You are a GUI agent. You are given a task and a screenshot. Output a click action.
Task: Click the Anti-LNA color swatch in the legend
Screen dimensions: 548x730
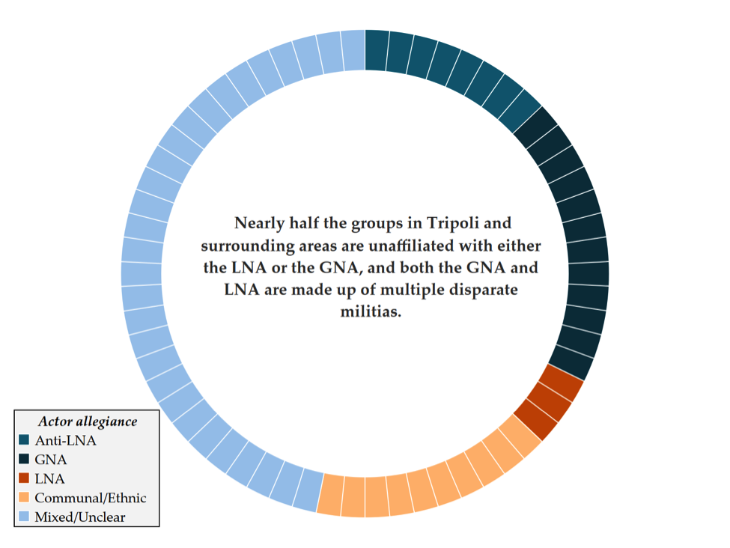[25, 440]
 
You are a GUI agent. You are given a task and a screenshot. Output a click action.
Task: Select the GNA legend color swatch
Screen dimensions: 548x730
[25, 460]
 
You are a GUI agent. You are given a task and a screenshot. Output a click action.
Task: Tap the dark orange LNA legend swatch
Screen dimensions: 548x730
[25, 478]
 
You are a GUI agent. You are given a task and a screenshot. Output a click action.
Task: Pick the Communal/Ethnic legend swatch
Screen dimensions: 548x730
[25, 498]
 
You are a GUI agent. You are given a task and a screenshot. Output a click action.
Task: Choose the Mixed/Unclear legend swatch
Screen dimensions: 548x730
[25, 517]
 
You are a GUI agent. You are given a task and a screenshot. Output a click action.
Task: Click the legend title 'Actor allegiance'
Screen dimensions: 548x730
[88, 421]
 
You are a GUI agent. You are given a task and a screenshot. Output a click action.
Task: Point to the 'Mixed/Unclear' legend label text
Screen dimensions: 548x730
[80, 517]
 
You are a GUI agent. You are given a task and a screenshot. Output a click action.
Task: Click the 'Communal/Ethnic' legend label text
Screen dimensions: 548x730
[91, 498]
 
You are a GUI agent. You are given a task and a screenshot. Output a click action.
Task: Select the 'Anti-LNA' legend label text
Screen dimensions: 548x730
[65, 440]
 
